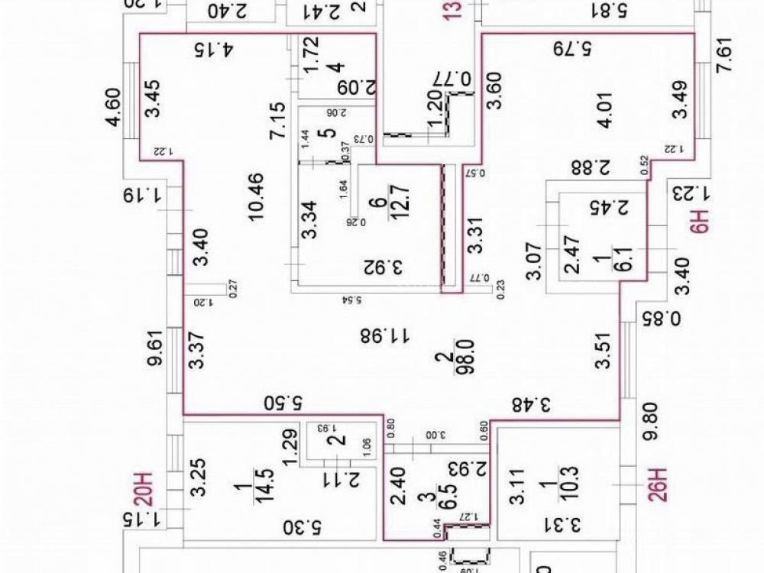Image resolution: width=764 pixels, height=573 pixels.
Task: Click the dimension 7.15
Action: pos(280,118)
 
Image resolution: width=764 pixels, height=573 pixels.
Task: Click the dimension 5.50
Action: pos(282,402)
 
